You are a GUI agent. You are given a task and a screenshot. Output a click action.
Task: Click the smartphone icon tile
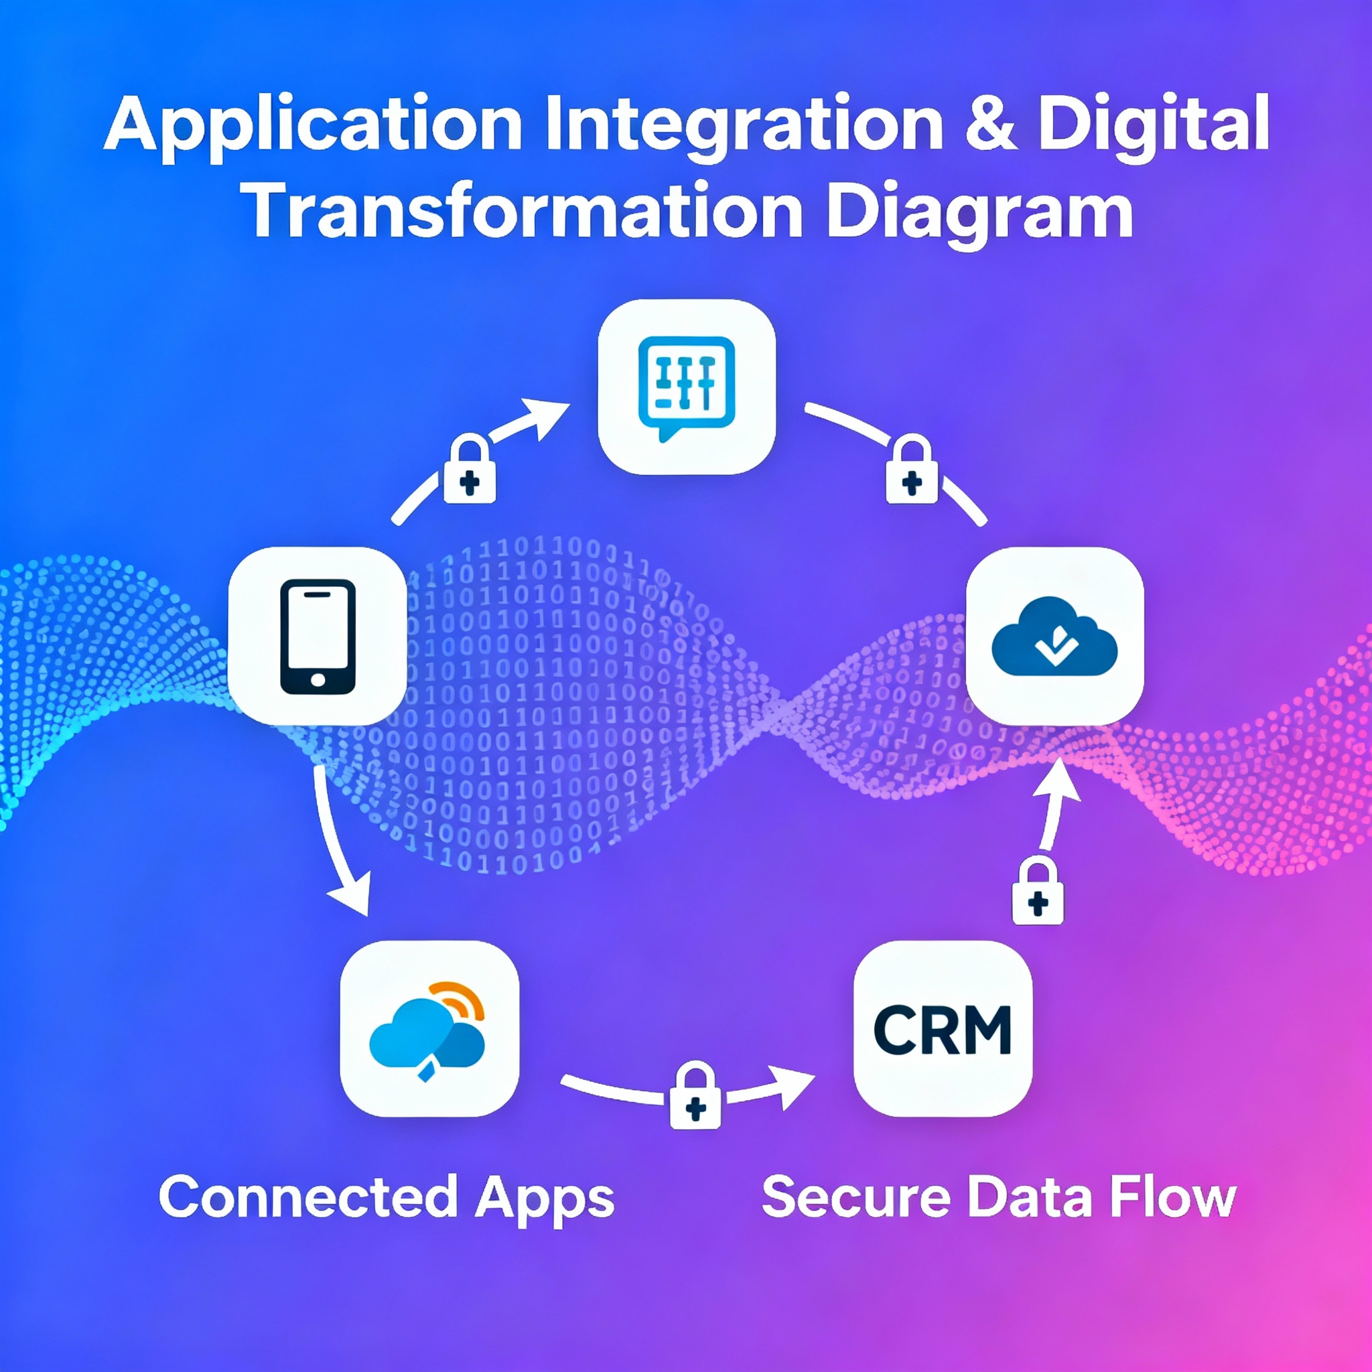[318, 636]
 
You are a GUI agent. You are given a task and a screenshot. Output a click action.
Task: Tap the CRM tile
[942, 1029]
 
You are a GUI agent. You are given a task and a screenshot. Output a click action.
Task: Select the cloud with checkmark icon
[1054, 636]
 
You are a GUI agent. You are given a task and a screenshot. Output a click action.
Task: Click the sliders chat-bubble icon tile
[687, 387]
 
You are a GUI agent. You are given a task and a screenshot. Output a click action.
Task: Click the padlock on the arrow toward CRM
[695, 1096]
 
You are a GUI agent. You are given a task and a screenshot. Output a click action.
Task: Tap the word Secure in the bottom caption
[855, 1197]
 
